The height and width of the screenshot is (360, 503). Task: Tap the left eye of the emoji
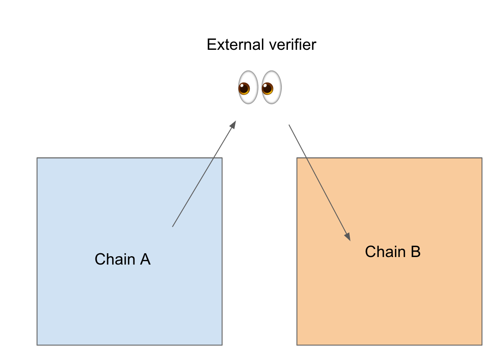[248, 87]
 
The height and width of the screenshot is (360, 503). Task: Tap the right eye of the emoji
[272, 87]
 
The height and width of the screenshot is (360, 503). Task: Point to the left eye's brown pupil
[244, 89]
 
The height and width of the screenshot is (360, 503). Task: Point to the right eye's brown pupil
[267, 89]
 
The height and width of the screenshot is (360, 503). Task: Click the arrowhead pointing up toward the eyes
[234, 124]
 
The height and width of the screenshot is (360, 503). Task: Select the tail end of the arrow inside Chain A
[172, 227]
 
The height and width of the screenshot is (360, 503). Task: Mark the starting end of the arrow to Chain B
[289, 125]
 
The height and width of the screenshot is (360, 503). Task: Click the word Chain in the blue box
[110, 260]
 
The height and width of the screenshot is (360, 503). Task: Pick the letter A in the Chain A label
[145, 260]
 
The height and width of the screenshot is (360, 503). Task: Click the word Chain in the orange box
[380, 252]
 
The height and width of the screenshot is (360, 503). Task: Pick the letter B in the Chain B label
[415, 252]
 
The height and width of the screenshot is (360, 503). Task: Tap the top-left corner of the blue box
[37, 158]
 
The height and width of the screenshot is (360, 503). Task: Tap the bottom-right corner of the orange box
[482, 345]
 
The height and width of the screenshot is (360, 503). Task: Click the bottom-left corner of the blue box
[37, 345]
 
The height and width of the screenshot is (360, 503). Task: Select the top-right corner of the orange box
[482, 158]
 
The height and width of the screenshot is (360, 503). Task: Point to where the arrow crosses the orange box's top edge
[306, 158]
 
